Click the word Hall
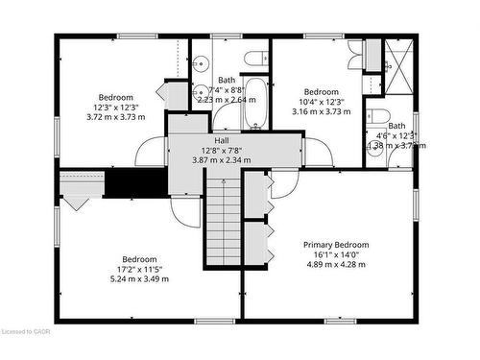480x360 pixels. click(x=221, y=139)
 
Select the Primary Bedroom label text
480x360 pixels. click(x=336, y=245)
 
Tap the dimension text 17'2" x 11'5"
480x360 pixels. click(x=140, y=269)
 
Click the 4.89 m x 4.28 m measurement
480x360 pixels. click(x=337, y=265)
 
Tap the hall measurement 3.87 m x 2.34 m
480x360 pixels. click(x=221, y=160)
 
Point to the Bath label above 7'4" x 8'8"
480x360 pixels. click(x=227, y=80)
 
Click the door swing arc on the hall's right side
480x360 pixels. click(x=318, y=152)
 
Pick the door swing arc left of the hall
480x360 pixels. click(x=152, y=152)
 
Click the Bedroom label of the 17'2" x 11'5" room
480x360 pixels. click(x=140, y=259)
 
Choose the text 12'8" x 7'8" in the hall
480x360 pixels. click(x=221, y=150)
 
